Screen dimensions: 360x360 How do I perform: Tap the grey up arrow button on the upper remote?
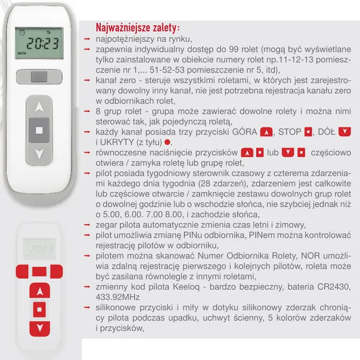pos(40,108)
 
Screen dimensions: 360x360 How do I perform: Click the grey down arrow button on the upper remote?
pos(40,155)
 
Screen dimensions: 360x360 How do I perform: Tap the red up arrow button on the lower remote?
pos(40,292)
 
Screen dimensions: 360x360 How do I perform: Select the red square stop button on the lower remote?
pos(40,308)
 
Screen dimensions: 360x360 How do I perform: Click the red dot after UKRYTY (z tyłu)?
pos(168,142)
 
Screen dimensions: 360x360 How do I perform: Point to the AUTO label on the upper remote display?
pos(22,53)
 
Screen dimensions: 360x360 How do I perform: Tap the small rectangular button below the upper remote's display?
pos(40,77)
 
